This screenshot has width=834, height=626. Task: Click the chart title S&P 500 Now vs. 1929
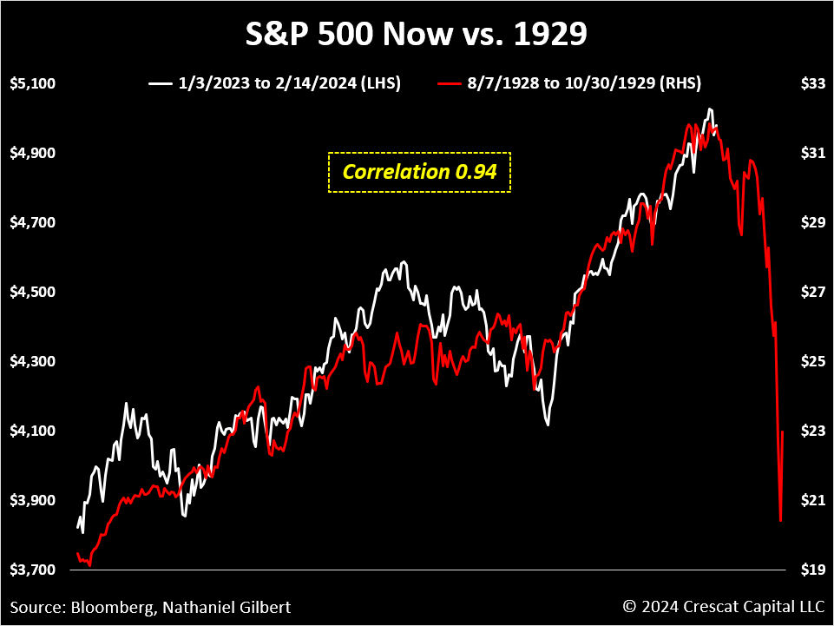pyautogui.click(x=417, y=35)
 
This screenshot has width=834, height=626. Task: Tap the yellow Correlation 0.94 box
pyautogui.click(x=420, y=172)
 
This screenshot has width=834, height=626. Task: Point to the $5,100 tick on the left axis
pyautogui.click(x=32, y=84)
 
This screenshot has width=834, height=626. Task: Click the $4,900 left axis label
pyautogui.click(x=32, y=154)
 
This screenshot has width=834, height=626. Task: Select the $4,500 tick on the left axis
pyautogui.click(x=32, y=292)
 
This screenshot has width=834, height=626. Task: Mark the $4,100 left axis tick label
pyautogui.click(x=32, y=431)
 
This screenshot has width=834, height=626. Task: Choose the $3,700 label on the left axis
pyautogui.click(x=32, y=570)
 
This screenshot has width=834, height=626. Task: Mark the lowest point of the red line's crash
pyautogui.click(x=781, y=521)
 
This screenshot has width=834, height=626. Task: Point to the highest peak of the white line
pyautogui.click(x=710, y=109)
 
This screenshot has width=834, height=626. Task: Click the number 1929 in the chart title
pyautogui.click(x=549, y=35)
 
